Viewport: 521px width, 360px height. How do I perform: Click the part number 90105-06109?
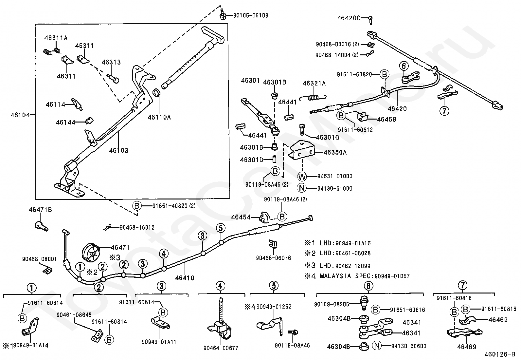(250, 15)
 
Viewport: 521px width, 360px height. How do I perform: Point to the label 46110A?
(159, 117)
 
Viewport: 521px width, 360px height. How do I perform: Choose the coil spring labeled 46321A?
(315, 97)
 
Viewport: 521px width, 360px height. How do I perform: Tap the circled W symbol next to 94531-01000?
(302, 177)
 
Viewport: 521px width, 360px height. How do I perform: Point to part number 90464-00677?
(221, 348)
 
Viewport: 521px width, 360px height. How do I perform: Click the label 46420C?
(349, 18)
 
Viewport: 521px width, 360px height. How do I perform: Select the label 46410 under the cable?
(185, 278)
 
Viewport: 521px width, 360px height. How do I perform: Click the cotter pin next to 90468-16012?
(108, 227)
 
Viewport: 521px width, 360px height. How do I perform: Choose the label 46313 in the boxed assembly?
(111, 62)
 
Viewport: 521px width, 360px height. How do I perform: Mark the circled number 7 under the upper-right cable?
(444, 111)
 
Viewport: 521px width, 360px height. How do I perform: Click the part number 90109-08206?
(336, 304)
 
